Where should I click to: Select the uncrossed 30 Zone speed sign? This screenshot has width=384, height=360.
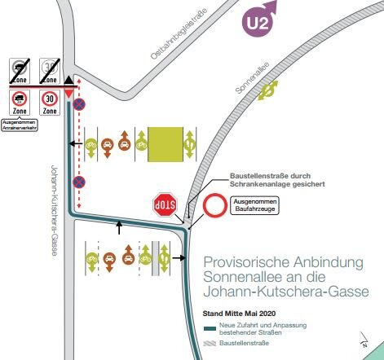(x=50, y=103)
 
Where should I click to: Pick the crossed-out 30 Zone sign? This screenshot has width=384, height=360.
(x=50, y=71)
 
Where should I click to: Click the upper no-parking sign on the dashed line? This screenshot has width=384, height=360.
(x=78, y=103)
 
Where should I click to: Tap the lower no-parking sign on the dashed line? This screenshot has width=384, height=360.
(x=78, y=181)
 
